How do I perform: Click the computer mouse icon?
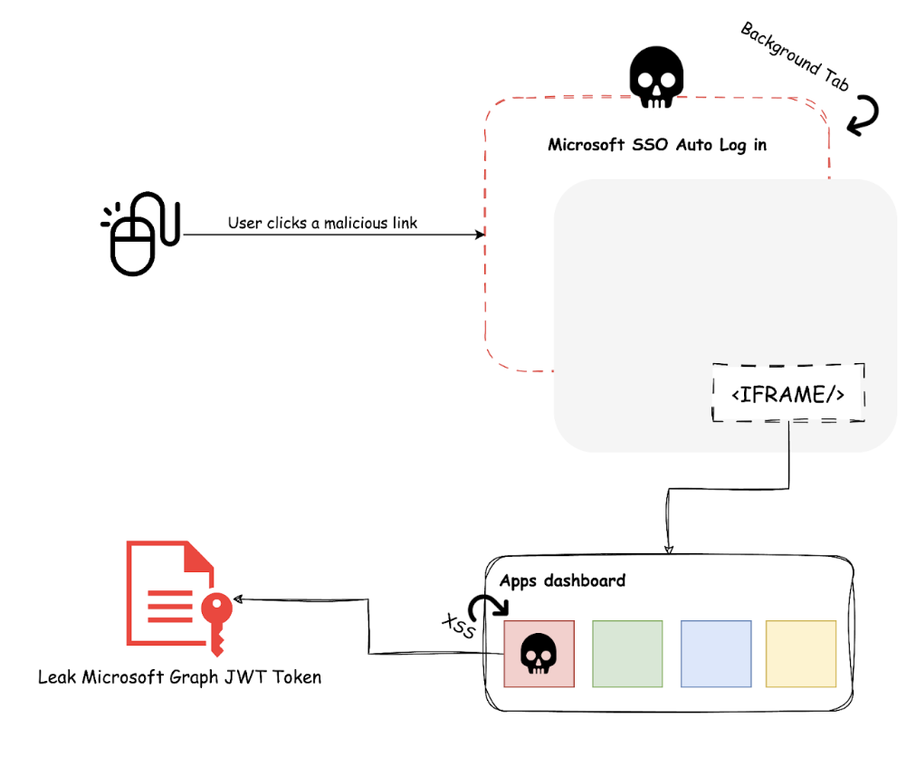tap(140, 233)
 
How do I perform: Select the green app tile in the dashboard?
tap(627, 654)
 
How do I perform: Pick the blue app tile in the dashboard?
tap(715, 654)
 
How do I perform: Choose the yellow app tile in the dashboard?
tap(800, 654)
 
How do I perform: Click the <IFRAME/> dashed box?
tap(787, 393)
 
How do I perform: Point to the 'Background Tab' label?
tap(795, 56)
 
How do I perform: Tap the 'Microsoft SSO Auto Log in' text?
tap(657, 145)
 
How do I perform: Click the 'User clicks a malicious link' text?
tap(322, 223)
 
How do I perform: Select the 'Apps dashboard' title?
tap(562, 580)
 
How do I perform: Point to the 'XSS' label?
tap(457, 626)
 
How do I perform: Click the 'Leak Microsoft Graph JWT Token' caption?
tap(179, 676)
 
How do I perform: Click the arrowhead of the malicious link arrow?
tap(481, 235)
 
